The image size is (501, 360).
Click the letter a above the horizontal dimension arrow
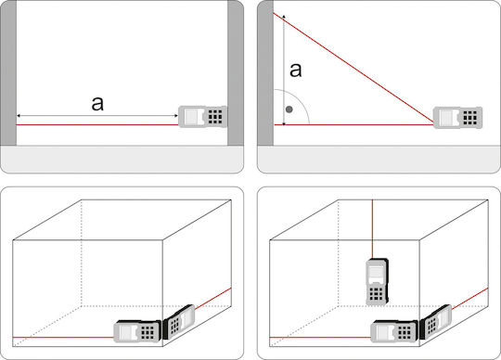[x=97, y=104]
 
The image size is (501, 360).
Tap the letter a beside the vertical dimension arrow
[x=296, y=70]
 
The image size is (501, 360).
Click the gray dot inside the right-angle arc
[x=289, y=109]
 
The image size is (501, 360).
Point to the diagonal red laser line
[x=353, y=68]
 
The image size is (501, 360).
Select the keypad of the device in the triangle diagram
[x=470, y=118]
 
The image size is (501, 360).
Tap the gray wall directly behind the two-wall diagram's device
[x=236, y=72]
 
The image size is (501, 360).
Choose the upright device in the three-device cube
[x=377, y=282]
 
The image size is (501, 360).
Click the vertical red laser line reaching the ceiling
[x=373, y=229]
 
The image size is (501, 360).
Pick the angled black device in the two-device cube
[x=179, y=322]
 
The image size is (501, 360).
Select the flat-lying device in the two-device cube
[x=137, y=331]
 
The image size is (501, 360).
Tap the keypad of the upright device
[x=376, y=294]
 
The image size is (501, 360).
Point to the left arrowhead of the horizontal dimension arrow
[x=19, y=116]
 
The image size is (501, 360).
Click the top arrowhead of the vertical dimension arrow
[x=284, y=16]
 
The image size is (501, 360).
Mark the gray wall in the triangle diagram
[x=265, y=72]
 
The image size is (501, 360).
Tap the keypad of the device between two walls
[x=215, y=117]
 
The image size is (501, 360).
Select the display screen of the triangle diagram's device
[x=447, y=118]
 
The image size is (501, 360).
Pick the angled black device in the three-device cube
[x=436, y=322]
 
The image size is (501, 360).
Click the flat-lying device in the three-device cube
[x=394, y=331]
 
